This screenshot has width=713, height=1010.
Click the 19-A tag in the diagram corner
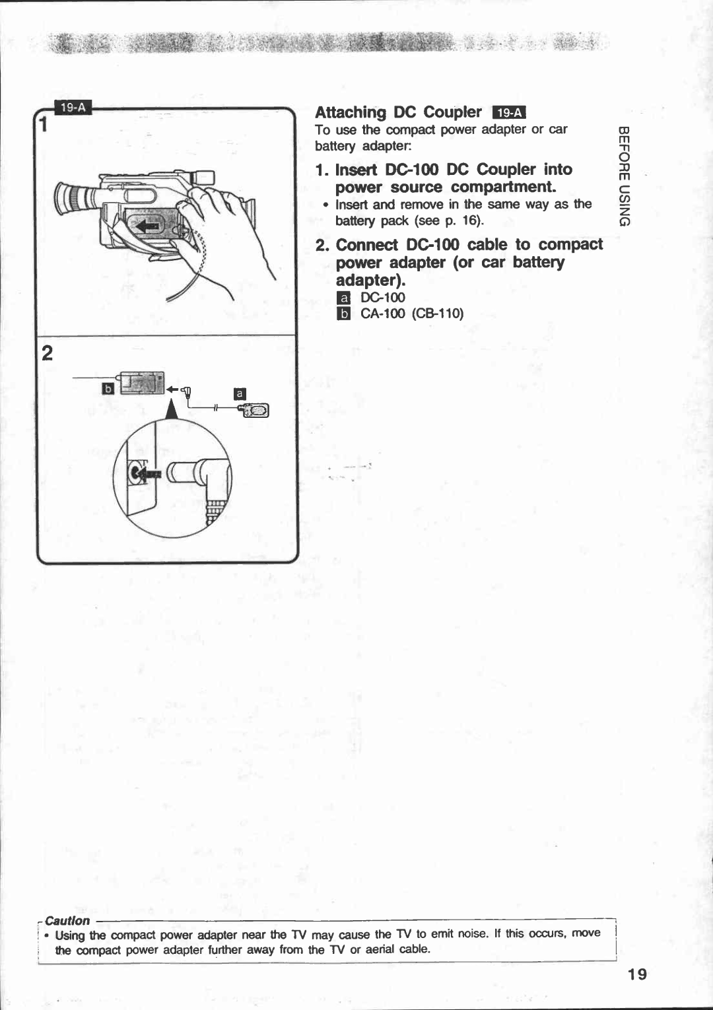pyautogui.click(x=74, y=108)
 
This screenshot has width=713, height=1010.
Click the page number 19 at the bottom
pyautogui.click(x=638, y=974)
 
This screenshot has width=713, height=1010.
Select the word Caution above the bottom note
pyautogui.click(x=67, y=920)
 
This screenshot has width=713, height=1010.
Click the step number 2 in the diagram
pyautogui.click(x=47, y=354)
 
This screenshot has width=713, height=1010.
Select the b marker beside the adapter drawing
pyautogui.click(x=108, y=388)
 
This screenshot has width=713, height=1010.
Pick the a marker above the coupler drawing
pyautogui.click(x=240, y=394)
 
